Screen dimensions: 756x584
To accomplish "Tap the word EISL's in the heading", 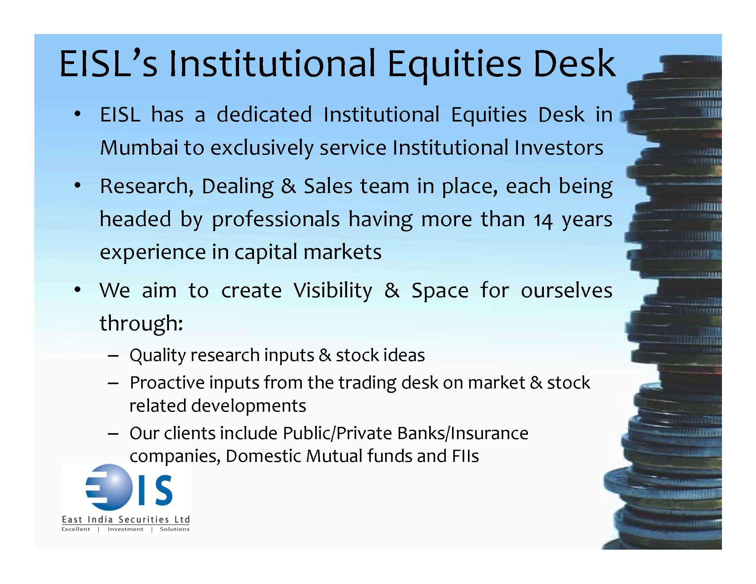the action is pyautogui.click(x=108, y=64).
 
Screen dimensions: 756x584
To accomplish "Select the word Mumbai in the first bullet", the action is pyautogui.click(x=139, y=147).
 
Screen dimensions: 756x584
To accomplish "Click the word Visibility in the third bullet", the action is pyautogui.click(x=333, y=291).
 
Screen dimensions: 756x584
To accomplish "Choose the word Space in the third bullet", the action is pyautogui.click(x=440, y=291).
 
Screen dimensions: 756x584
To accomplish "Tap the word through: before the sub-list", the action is pyautogui.click(x=141, y=323).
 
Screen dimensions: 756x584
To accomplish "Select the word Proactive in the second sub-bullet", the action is pyautogui.click(x=167, y=383).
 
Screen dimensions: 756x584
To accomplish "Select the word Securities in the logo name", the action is pyautogui.click(x=144, y=519).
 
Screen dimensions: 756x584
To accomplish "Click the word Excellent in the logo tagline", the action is pyautogui.click(x=76, y=529).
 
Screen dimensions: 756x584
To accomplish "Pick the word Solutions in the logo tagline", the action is pyautogui.click(x=175, y=529).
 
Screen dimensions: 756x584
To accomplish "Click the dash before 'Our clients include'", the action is pyautogui.click(x=113, y=434).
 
